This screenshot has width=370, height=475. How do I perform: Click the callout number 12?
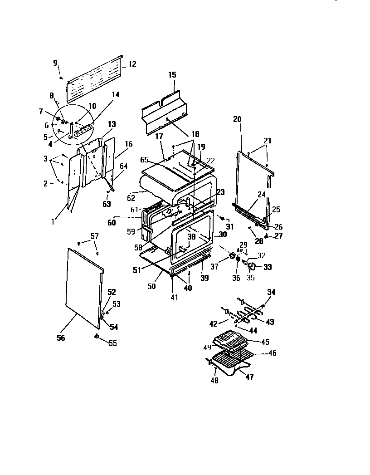[x=132, y=64]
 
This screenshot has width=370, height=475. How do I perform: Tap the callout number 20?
[x=237, y=119]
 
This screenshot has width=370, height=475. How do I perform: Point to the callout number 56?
[x=60, y=338]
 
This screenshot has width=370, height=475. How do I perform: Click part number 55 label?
[x=112, y=343]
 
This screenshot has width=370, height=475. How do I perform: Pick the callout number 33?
[x=268, y=267]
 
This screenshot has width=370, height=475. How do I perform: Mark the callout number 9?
[x=55, y=63]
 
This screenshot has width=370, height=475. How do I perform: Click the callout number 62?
[x=131, y=198]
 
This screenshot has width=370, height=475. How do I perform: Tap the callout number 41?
[x=174, y=298]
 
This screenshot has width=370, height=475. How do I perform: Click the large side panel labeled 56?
[x=84, y=286]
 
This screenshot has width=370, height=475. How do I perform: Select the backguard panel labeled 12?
[x=95, y=79]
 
